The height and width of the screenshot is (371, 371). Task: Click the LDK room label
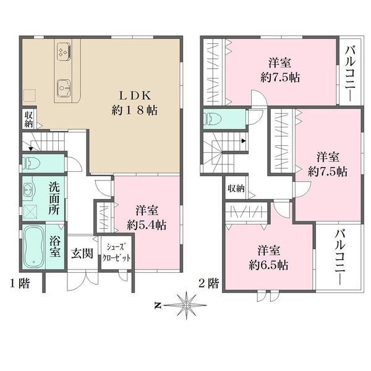coord(135,96)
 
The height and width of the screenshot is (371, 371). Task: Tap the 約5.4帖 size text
coord(147,225)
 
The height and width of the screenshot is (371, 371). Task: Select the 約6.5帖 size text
coord(268,265)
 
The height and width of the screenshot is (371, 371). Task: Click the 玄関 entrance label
coord(82,254)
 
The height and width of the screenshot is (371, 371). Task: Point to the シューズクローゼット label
coord(116,252)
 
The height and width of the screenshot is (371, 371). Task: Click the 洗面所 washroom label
coord(54,198)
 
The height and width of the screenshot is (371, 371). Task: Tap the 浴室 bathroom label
coord(55,247)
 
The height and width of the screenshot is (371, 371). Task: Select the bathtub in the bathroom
coord(34,246)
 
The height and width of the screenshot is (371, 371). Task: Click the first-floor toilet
coord(32,163)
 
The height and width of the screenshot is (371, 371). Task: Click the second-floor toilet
coord(212,119)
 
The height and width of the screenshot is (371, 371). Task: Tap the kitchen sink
coord(64,88)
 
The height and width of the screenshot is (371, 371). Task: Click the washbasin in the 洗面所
coord(29,189)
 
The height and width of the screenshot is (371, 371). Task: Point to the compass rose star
coord(187,305)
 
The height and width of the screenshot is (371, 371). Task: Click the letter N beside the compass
coord(157,305)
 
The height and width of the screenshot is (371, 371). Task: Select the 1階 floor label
coord(20,283)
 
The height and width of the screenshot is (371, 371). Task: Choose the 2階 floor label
coord(209,283)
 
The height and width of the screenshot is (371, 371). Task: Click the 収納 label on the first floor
coord(28,119)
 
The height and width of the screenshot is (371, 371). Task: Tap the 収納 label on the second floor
coord(236,189)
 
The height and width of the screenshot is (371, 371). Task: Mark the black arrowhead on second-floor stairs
coord(244,141)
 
